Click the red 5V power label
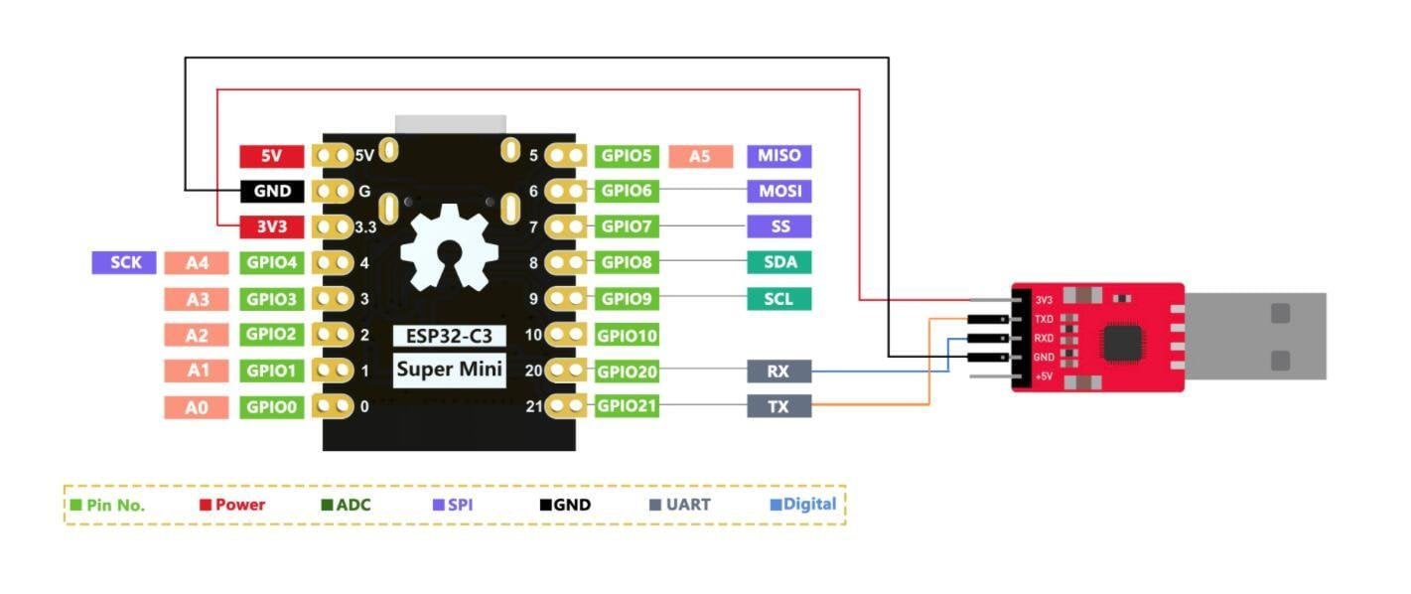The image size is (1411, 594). pos(271,156)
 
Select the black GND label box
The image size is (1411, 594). pos(271,192)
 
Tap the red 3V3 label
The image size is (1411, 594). pos(271,226)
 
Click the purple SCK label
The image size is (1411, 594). pos(124,262)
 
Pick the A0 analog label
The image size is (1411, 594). pos(198,406)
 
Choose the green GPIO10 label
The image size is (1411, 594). pos(627,336)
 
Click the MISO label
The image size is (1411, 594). pos(778,156)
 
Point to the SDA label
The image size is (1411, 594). pos(778,262)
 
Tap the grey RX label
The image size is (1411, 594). pos(778,371)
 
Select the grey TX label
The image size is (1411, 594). pos(778,406)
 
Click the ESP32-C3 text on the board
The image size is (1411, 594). pos(449,336)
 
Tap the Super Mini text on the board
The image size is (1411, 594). pos(449,371)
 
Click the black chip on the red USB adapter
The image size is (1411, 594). pos(1121,344)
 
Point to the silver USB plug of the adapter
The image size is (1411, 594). pos(1255,336)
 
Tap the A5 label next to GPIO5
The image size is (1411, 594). pos(700,156)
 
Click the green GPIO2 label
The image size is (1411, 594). pos(271,335)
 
